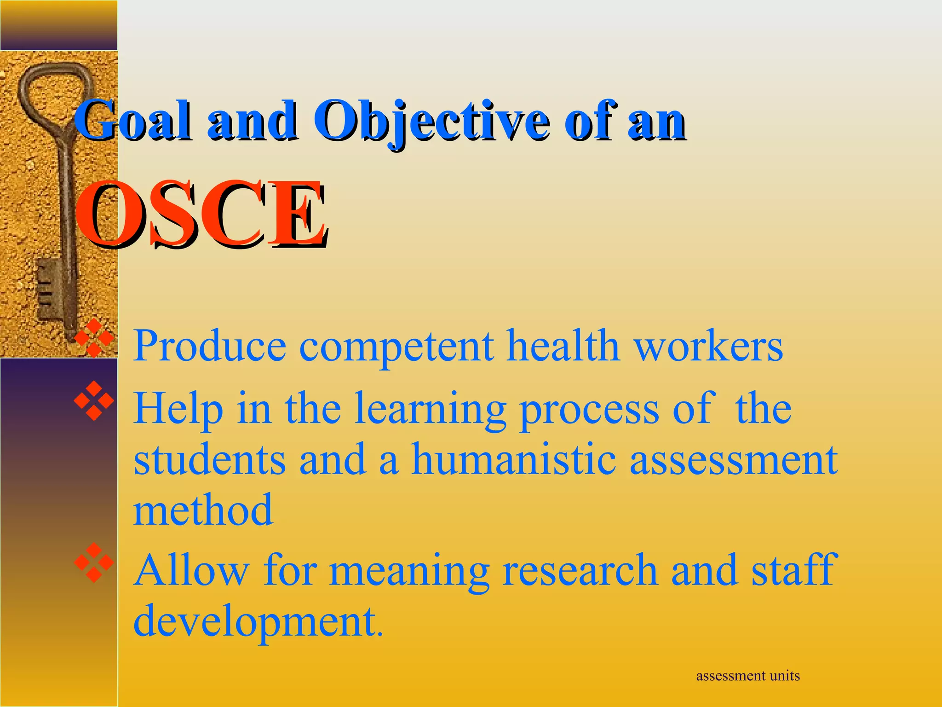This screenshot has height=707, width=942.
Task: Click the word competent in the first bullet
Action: [x=396, y=346]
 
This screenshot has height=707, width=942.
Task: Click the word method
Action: [x=203, y=510]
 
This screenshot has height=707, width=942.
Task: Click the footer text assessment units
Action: [x=748, y=676]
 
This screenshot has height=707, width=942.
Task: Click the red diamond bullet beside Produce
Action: [x=94, y=338]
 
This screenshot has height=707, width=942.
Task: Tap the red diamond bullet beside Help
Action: [x=94, y=401]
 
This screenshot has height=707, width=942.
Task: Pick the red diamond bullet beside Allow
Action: [x=94, y=562]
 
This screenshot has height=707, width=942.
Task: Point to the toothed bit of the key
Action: [x=49, y=290]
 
